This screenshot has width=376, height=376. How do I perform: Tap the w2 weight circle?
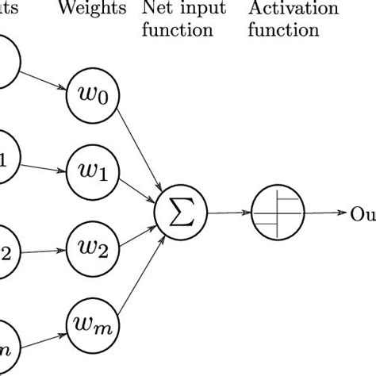[x=93, y=247]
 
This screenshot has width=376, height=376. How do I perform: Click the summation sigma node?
[x=182, y=211]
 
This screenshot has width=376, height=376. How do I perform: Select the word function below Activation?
[x=283, y=31]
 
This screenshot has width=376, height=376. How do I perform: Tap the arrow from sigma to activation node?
[x=228, y=213]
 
